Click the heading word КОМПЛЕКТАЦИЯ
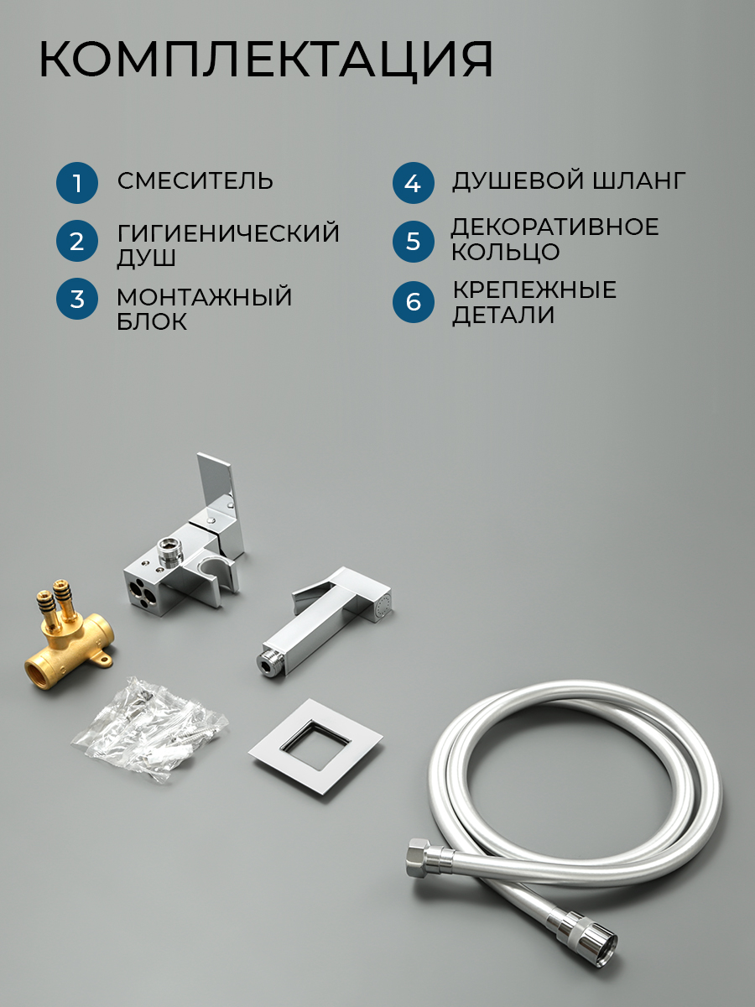point(266,60)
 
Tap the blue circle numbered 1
point(77,183)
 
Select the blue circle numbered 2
point(77,242)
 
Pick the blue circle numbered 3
point(77,299)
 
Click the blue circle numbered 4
point(413,183)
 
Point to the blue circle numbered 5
point(413,242)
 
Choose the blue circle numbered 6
point(413,302)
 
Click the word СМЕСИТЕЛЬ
point(195,180)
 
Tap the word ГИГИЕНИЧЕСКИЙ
point(228,232)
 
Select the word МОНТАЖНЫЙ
point(205,296)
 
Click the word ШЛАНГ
point(639,180)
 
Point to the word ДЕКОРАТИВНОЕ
point(555,227)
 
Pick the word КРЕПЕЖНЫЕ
point(535,290)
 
